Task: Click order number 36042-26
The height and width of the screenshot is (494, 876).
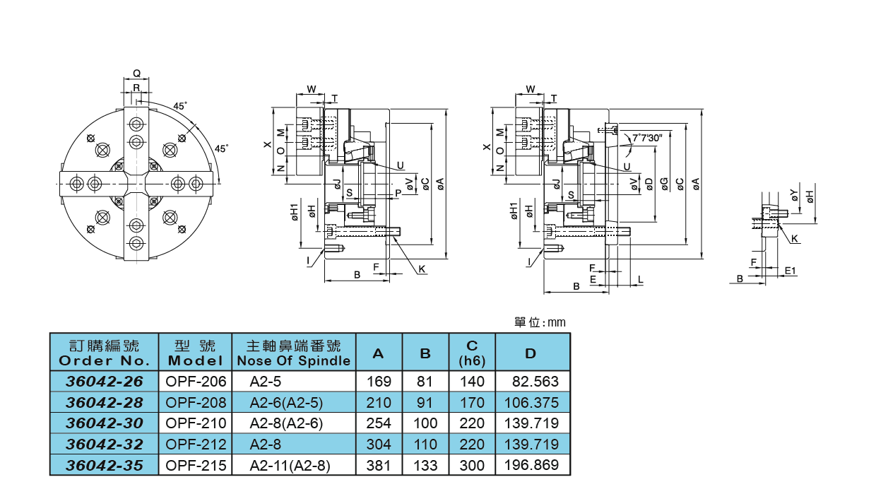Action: click(x=104, y=382)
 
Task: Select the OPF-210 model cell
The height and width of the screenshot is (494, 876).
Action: click(x=196, y=423)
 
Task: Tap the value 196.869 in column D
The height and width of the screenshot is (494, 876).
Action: click(x=531, y=465)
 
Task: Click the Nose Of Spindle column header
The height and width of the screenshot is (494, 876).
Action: click(x=293, y=353)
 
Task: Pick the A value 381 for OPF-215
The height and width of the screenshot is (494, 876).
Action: click(x=379, y=466)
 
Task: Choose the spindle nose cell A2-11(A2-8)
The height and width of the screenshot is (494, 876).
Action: click(x=290, y=466)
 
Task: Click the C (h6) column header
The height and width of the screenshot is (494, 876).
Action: click(x=472, y=353)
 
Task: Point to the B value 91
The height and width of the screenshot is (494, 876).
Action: click(x=425, y=403)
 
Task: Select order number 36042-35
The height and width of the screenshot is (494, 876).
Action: click(x=104, y=466)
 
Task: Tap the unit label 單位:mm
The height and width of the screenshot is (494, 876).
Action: click(x=540, y=322)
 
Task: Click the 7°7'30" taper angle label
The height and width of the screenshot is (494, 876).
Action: click(x=646, y=138)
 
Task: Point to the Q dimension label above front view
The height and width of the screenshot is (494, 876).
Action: click(x=136, y=73)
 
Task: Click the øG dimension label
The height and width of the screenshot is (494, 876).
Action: click(x=664, y=184)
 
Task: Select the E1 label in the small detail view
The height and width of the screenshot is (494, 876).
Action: click(x=790, y=271)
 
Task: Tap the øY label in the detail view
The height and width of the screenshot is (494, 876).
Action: click(x=795, y=196)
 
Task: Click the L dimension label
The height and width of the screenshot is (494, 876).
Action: click(x=640, y=280)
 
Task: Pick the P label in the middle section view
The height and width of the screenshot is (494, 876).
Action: click(x=398, y=192)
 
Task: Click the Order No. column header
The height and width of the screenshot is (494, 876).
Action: click(x=104, y=353)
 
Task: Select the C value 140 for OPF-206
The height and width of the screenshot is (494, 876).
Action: click(x=472, y=382)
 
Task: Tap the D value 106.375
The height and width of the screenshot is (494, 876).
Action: click(x=531, y=403)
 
